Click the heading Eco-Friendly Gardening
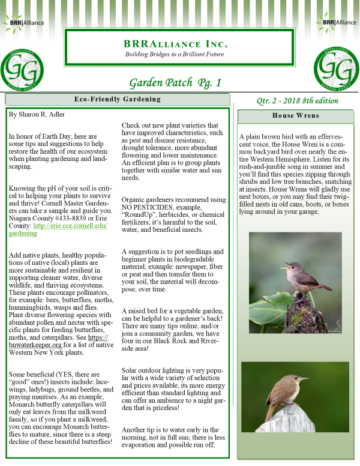tap(117, 99)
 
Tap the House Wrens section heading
tap(295, 115)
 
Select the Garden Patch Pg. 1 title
tap(175, 82)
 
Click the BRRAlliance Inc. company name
tap(175, 44)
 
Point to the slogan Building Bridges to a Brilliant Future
tap(175, 55)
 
